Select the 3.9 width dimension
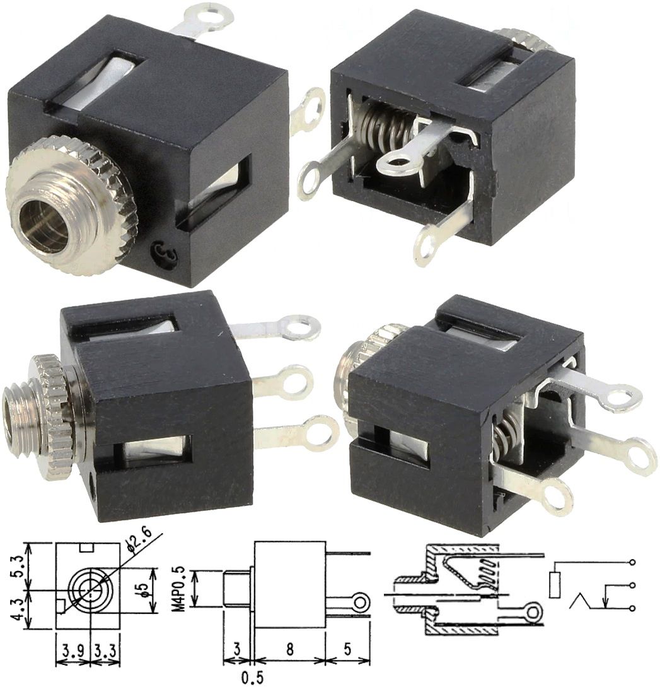[x=73, y=649]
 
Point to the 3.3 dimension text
[x=106, y=649]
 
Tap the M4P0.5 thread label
[x=180, y=588]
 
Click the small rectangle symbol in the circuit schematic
[x=555, y=584]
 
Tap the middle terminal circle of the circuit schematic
[x=632, y=585]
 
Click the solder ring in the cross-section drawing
[x=534, y=611]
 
